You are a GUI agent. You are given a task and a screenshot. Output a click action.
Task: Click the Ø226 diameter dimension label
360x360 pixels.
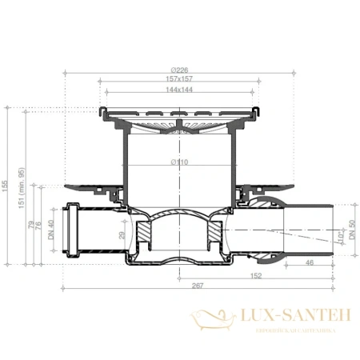click(x=180, y=70)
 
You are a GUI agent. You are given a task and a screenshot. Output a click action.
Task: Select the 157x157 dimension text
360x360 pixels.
click(x=180, y=80)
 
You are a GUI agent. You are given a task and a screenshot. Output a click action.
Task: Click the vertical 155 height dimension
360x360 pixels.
click(x=6, y=186)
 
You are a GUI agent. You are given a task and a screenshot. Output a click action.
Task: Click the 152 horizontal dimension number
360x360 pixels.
click(x=254, y=276)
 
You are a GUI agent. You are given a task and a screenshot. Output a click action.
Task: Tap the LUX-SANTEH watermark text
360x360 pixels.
click(x=290, y=317)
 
